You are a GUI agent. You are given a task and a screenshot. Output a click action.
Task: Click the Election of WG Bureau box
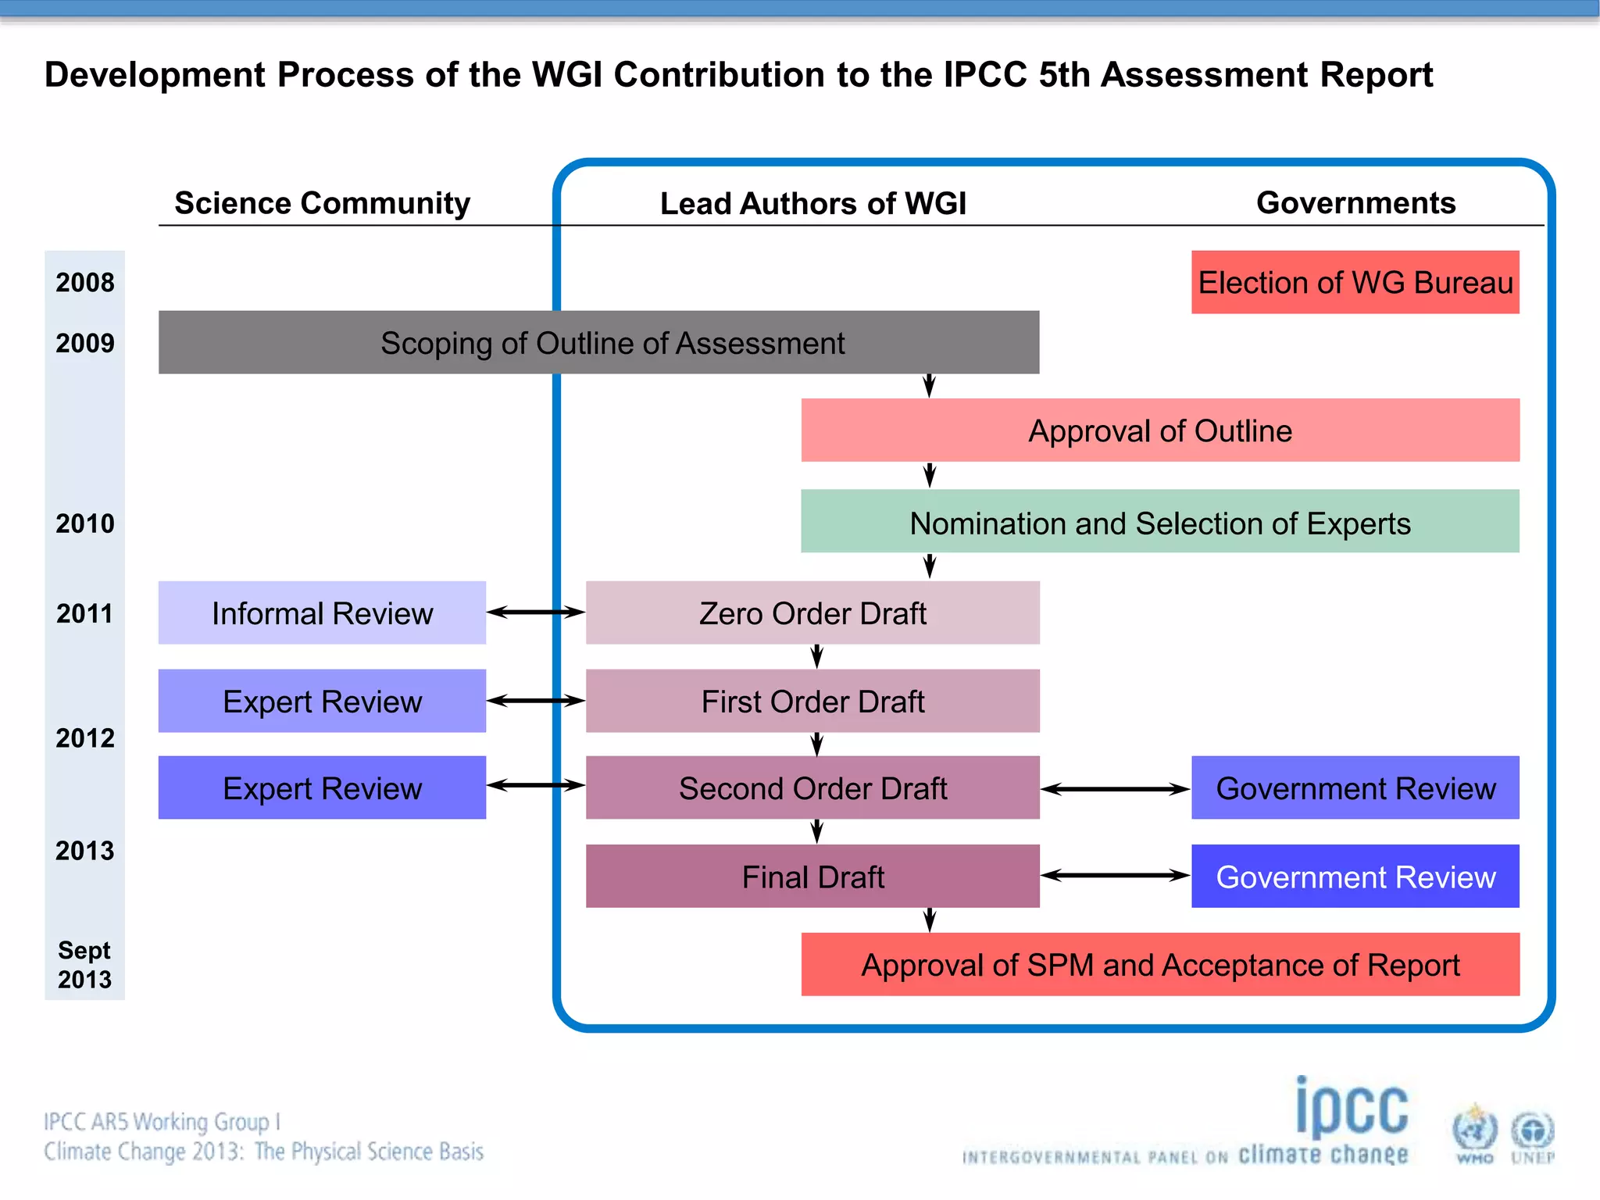[x=1355, y=282]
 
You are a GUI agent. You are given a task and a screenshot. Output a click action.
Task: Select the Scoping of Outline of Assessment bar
[x=598, y=342]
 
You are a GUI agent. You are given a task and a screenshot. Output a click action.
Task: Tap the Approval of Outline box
[x=1160, y=430]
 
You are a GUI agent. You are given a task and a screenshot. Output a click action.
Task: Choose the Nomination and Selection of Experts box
[x=1160, y=522]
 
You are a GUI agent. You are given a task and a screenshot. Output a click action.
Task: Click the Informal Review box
[x=322, y=612]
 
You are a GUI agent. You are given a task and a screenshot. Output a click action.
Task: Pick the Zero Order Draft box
[x=812, y=612]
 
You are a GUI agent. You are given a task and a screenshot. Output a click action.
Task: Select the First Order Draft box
[x=812, y=701]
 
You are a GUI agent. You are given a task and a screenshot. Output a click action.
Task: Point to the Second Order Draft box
[x=812, y=787]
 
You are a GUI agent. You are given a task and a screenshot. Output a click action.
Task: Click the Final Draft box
[x=812, y=876]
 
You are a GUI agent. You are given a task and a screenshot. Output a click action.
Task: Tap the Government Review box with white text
[x=1355, y=876]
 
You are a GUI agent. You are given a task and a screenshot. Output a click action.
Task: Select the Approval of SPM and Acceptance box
[x=1160, y=964]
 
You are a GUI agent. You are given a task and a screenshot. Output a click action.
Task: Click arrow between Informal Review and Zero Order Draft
[x=536, y=612]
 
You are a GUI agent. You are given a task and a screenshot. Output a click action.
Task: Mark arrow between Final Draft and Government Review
[x=1115, y=876]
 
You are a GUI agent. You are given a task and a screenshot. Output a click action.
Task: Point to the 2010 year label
[x=84, y=523]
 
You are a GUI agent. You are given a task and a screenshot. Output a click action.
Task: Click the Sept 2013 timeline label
[x=84, y=965]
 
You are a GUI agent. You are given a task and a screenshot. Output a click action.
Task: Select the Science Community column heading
[x=322, y=203]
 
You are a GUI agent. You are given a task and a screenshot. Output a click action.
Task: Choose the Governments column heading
[x=1355, y=203]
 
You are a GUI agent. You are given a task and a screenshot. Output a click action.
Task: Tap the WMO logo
[x=1474, y=1134]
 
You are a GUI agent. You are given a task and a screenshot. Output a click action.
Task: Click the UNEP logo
[x=1532, y=1135]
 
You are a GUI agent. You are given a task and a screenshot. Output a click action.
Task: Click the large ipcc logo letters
[x=1352, y=1108]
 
